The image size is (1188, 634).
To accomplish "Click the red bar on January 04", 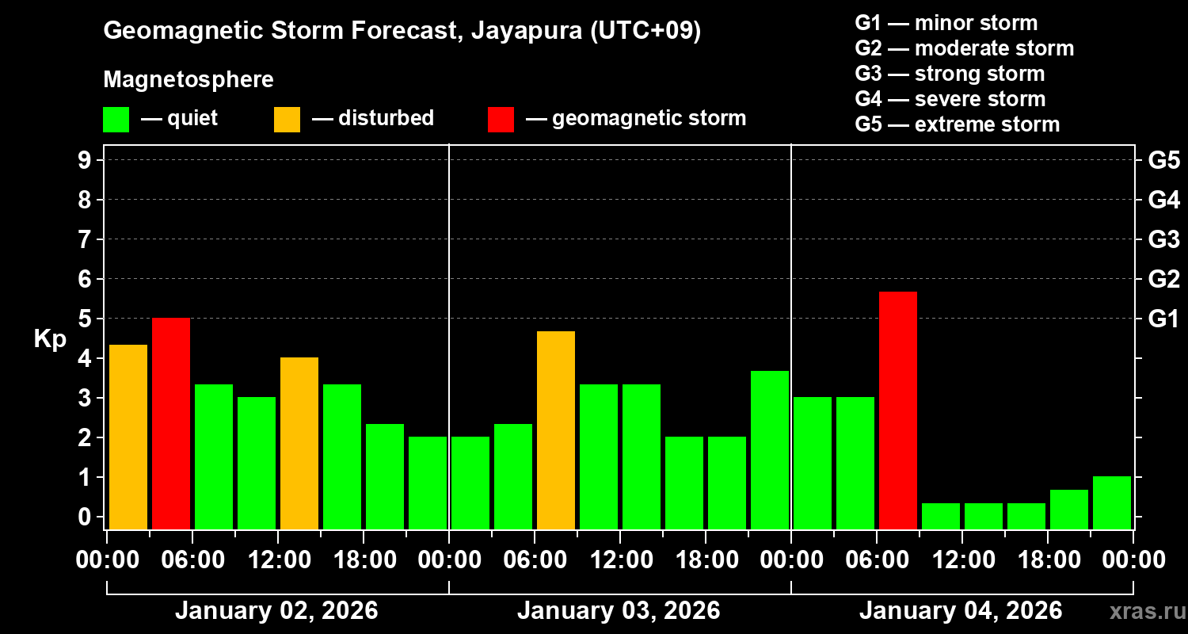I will click(x=898, y=411).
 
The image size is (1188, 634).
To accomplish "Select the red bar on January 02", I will click(x=171, y=423).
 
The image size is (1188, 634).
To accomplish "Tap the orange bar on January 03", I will click(x=556, y=430).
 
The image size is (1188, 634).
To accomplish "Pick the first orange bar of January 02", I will click(x=128, y=437).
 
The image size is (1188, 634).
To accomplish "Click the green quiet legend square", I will click(x=116, y=120).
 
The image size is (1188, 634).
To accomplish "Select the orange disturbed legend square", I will click(x=287, y=120).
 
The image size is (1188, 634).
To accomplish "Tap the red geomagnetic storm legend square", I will click(x=501, y=120).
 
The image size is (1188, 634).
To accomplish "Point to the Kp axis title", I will click(x=49, y=339).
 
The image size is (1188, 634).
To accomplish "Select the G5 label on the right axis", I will click(x=1163, y=161).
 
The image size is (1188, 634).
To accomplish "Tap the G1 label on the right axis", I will click(x=1163, y=319).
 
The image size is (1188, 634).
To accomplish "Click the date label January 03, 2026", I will click(x=619, y=611).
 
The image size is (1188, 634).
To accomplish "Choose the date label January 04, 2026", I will click(x=961, y=611).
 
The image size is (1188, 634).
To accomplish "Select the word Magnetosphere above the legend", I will click(x=188, y=80).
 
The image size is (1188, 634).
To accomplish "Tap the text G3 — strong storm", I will click(x=950, y=74).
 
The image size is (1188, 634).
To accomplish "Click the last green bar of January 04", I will click(x=1112, y=502).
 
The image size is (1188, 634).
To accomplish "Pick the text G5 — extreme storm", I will click(x=957, y=124).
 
